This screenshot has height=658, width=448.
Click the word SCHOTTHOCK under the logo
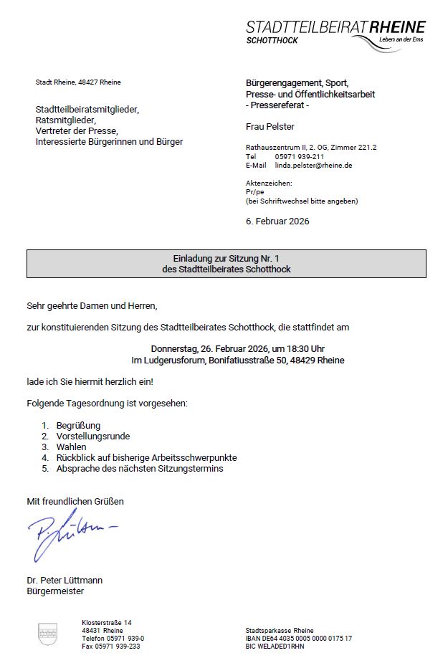pos(272,41)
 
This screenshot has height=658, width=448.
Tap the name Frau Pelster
pos(270,127)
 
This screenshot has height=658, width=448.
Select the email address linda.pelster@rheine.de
pos(313,166)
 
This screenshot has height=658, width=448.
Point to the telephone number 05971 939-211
pos(300,157)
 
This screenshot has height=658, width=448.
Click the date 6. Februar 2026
pos(277,221)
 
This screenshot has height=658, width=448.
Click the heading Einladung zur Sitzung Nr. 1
pos(226,258)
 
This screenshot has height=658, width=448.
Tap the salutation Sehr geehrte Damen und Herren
pos(91,306)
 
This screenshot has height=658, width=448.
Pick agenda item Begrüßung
pos(78,426)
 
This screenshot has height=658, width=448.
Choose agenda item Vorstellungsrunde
pos(93,437)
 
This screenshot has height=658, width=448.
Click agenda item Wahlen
pos(71,447)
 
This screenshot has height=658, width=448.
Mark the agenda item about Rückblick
pos(146,457)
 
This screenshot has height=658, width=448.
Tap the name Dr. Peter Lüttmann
pos(65,580)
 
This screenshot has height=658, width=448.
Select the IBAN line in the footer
pos(298,638)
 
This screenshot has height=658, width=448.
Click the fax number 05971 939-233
pos(111,647)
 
